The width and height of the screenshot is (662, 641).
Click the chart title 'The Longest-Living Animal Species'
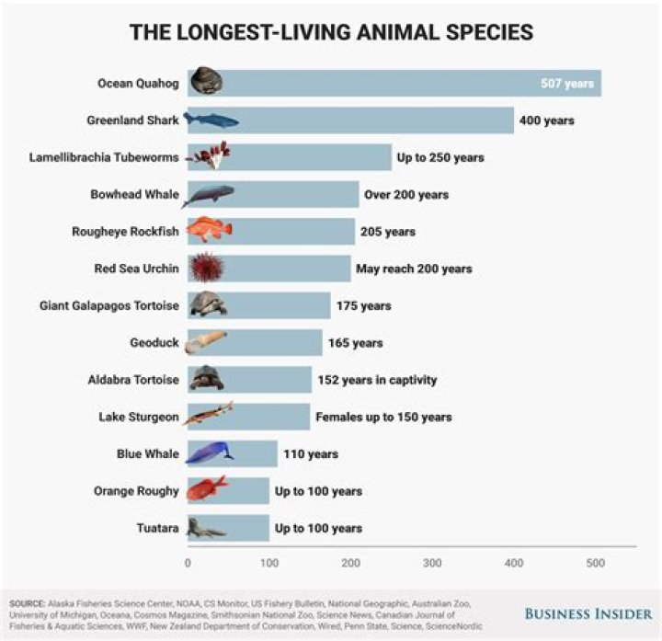click(330, 32)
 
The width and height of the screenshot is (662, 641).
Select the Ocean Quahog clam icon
click(207, 83)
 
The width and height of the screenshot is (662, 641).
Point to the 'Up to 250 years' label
click(439, 157)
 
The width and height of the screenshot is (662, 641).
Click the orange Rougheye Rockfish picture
click(210, 231)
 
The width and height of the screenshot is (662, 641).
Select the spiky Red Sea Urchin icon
click(206, 269)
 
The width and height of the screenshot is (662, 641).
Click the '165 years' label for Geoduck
click(355, 343)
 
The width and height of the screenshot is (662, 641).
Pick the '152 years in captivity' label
click(378, 380)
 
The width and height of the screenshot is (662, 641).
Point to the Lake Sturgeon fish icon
click(209, 416)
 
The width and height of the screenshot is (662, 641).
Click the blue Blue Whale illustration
click(210, 452)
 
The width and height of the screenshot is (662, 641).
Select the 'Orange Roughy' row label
click(136, 491)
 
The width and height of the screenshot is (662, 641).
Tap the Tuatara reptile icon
click(206, 528)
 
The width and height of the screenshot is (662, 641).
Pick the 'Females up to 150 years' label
click(383, 417)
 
